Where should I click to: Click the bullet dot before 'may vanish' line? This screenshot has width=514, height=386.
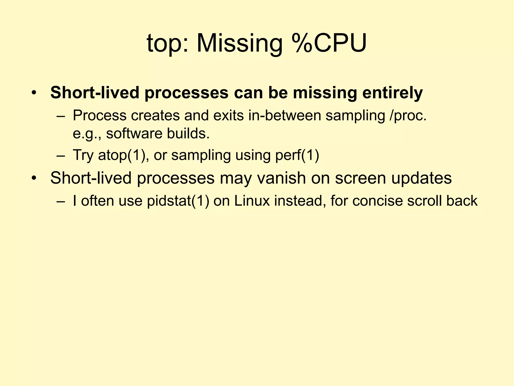click(34, 179)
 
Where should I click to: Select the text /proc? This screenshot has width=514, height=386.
click(408, 116)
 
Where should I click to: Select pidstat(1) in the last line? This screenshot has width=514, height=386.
click(178, 201)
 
